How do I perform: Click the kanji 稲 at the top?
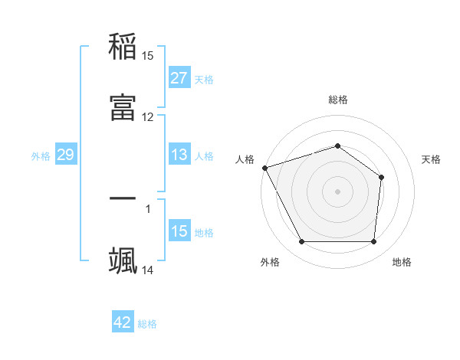point(123,47)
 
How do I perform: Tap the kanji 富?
point(123,108)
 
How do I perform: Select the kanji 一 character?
point(123,198)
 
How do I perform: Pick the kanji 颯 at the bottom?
point(123,260)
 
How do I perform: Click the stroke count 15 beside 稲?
point(148,56)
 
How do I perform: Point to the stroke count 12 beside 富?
point(148,117)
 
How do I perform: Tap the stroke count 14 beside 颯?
point(148,270)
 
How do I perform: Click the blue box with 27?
point(179,77)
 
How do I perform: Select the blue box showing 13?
point(179,155)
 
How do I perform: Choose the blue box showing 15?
point(179,231)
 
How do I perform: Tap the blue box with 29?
point(65,155)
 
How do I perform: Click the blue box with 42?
point(123,322)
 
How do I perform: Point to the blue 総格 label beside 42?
point(147,324)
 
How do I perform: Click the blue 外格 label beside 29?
point(41,156)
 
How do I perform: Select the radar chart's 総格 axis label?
point(337,100)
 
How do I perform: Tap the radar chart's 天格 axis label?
point(432,159)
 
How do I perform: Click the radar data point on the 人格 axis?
point(264,168)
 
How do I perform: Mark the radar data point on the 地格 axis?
point(373,242)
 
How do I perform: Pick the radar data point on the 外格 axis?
point(301,242)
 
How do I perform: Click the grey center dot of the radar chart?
point(337,191)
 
